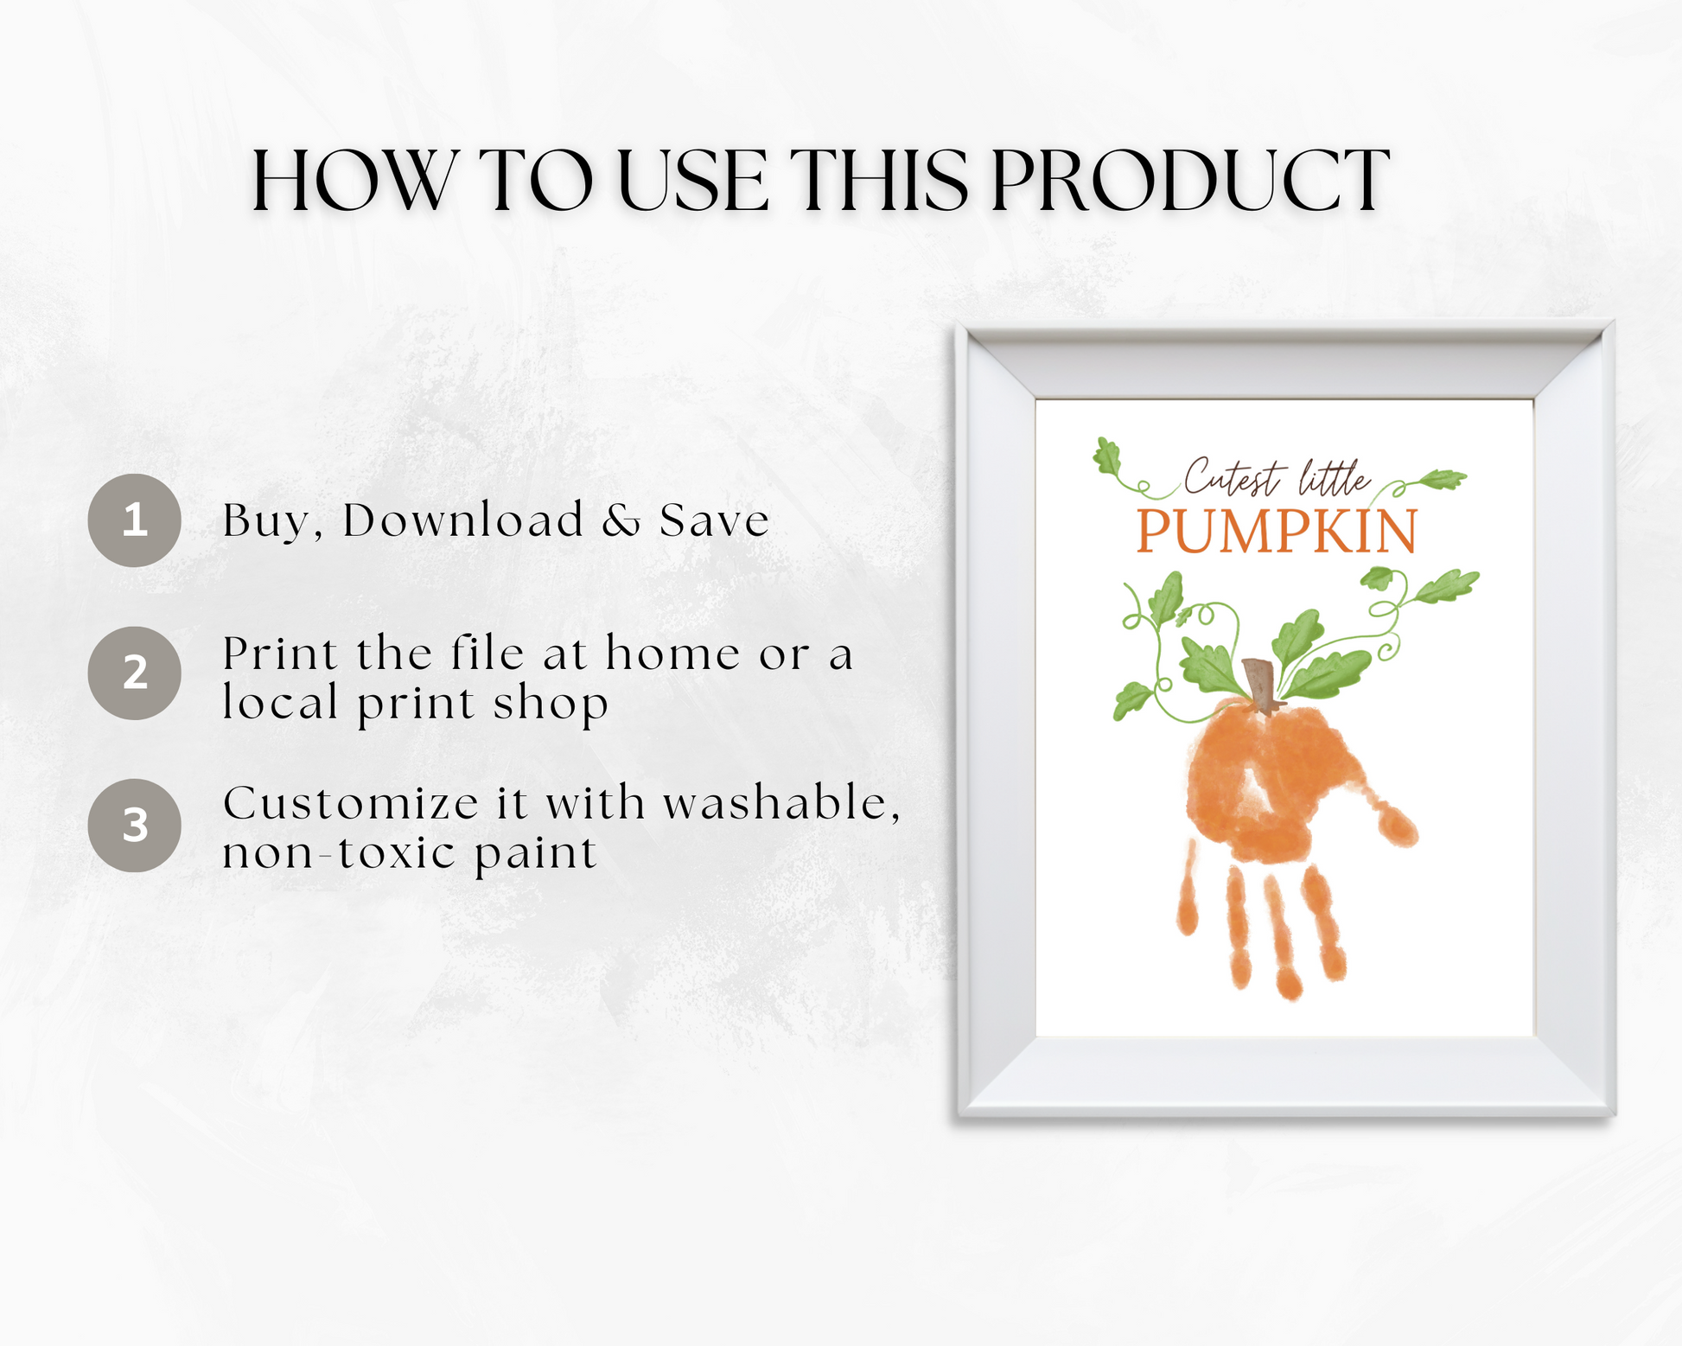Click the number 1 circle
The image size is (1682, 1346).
134,520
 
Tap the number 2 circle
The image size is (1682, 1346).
134,673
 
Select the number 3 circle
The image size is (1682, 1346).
134,826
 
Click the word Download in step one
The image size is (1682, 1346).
463,520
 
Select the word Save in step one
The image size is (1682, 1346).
714,520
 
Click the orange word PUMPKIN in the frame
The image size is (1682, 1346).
1277,532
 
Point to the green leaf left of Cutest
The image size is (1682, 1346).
1107,456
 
